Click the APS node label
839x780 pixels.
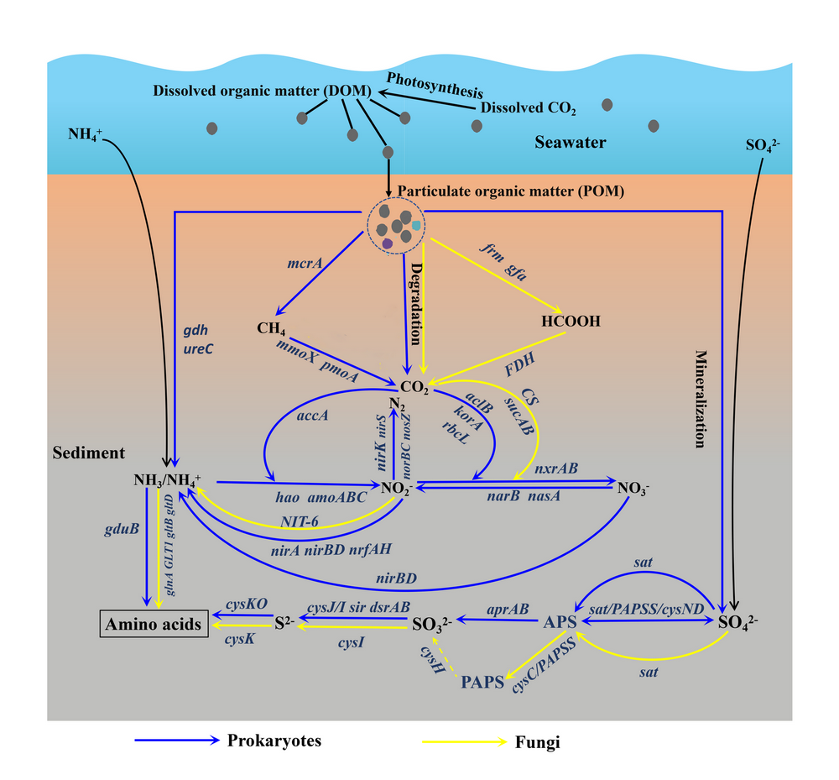(x=560, y=622)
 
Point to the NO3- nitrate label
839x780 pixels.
(x=635, y=487)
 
